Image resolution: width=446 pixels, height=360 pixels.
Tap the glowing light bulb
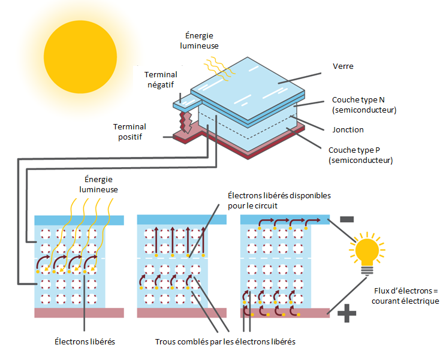(366, 250)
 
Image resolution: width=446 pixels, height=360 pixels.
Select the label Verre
(343, 66)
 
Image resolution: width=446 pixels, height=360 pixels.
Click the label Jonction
(348, 129)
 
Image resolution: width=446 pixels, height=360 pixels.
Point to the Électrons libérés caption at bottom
(85, 342)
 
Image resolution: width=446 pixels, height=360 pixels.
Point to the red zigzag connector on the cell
(186, 117)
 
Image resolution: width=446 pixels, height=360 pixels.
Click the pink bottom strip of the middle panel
(182, 313)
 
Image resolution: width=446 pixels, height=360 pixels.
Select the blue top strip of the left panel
(79, 220)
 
